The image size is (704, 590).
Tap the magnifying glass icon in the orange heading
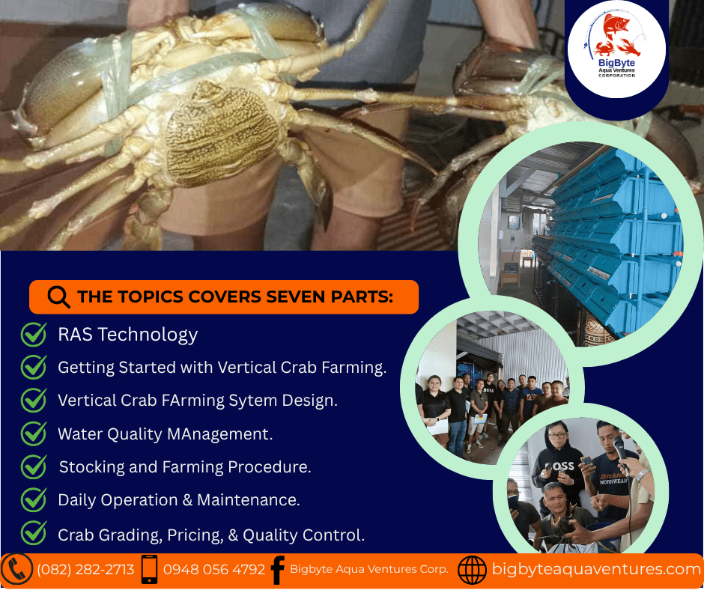[x=59, y=297]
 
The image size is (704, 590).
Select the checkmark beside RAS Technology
[x=34, y=335]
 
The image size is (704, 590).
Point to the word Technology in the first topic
[x=148, y=335]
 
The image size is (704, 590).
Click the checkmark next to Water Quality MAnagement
[x=34, y=434]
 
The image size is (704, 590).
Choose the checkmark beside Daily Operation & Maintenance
[x=34, y=499]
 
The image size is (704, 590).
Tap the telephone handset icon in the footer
[x=16, y=569]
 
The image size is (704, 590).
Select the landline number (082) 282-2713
[x=85, y=569]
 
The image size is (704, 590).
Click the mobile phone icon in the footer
[x=150, y=569]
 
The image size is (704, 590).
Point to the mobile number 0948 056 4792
[x=214, y=569]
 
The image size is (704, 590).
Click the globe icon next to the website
[x=472, y=570]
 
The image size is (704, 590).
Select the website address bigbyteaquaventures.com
[x=596, y=569]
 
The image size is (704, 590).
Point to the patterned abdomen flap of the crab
[x=223, y=135]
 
